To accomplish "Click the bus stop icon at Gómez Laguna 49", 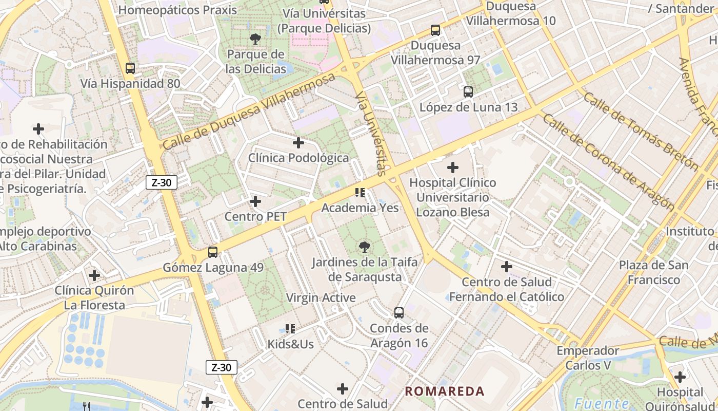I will [213, 252].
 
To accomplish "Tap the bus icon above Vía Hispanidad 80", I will [130, 68].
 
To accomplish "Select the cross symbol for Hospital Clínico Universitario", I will [453, 167].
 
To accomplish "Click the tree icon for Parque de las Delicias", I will [255, 39].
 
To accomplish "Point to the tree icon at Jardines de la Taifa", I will [365, 247].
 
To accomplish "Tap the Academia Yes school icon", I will [360, 193].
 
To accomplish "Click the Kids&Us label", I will [290, 344].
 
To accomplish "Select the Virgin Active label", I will [321, 297].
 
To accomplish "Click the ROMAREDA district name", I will [444, 391].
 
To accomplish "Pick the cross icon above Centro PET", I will [255, 201].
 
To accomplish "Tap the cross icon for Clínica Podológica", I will [298, 143].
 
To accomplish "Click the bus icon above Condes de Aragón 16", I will [399, 312].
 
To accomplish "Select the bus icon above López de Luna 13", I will [468, 92].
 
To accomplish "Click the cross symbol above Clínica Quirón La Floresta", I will [94, 275].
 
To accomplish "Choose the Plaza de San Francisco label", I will [653, 272].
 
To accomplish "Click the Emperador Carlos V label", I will [588, 358].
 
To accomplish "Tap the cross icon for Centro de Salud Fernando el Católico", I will [507, 267].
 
